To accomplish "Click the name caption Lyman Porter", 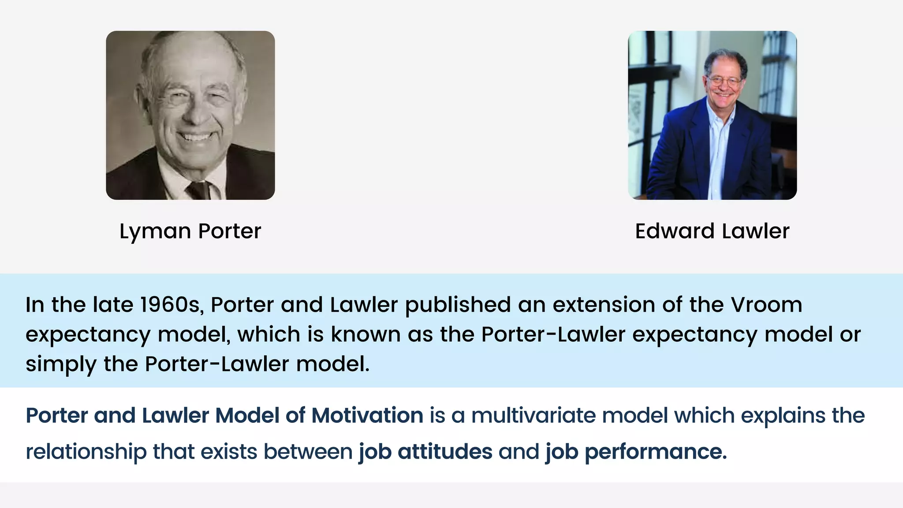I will point(190,231).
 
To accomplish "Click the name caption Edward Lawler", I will point(712,231).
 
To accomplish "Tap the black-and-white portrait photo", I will point(190,115).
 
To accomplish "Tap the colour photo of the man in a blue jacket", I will point(712,115).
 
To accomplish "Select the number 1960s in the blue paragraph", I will point(172,305).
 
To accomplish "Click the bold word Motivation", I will point(367,415).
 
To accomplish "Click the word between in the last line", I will point(308,452).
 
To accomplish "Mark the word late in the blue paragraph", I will point(113,305).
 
